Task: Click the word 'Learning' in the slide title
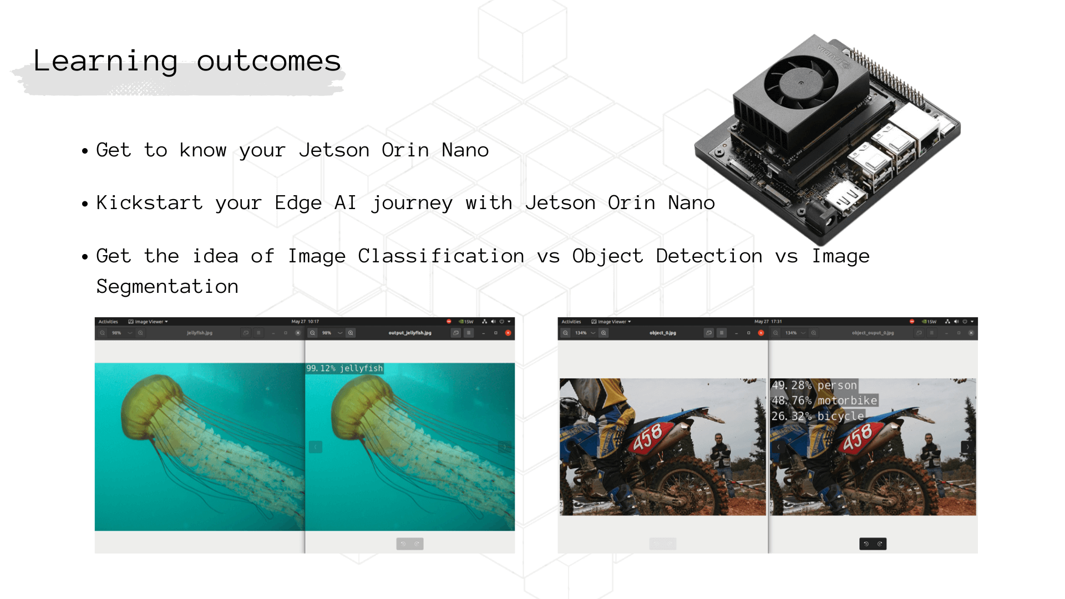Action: click(x=105, y=61)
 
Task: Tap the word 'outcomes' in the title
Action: click(x=268, y=61)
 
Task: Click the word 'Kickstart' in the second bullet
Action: click(x=149, y=203)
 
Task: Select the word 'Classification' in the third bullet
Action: click(x=440, y=256)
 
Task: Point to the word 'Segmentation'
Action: click(x=167, y=287)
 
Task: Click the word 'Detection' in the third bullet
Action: click(x=708, y=256)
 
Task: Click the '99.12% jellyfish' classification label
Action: click(x=344, y=368)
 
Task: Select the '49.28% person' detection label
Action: click(x=814, y=385)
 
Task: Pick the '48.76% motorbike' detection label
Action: click(x=824, y=400)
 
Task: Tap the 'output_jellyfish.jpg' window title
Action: click(x=410, y=333)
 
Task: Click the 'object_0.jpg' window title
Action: click(x=662, y=333)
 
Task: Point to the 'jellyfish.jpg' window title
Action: click(x=200, y=333)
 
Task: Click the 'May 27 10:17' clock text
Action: click(x=305, y=321)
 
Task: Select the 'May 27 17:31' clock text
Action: click(x=768, y=321)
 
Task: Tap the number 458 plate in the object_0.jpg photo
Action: click(x=648, y=436)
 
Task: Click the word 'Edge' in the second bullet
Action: click(x=298, y=203)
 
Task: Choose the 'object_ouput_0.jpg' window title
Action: click(x=873, y=333)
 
